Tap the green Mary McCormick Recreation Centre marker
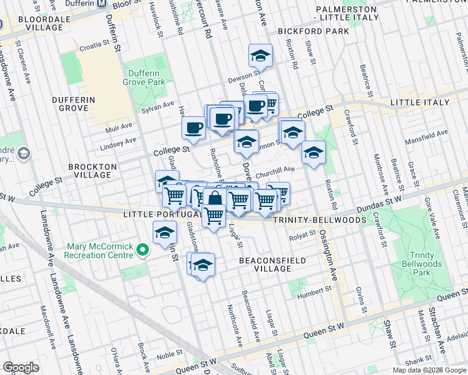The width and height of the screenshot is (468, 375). [x=143, y=251]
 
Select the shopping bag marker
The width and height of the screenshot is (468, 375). [x=215, y=199]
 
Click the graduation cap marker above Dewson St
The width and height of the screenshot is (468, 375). [x=260, y=57]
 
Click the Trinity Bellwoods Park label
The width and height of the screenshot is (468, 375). [x=426, y=264]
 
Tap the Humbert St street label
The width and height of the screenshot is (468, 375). [x=314, y=289]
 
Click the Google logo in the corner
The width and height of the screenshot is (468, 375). [x=21, y=367]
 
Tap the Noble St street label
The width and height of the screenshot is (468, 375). [x=169, y=355]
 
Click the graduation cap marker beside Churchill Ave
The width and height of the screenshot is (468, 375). [x=313, y=152]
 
